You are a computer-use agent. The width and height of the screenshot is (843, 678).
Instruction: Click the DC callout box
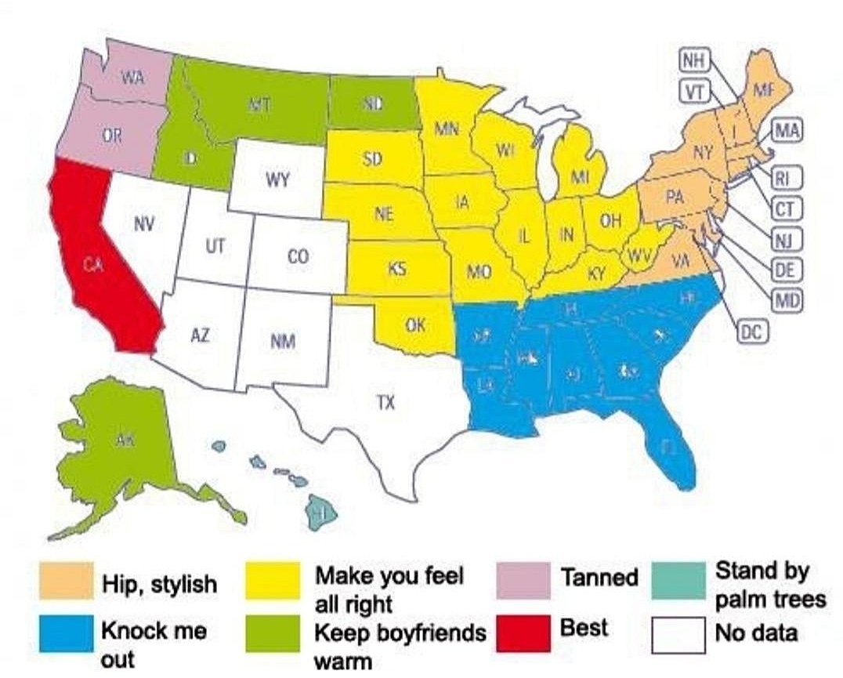coord(751,332)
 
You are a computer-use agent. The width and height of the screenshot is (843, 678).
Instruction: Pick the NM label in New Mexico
coord(282,342)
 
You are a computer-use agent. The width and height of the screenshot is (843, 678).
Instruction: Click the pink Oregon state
coord(112,137)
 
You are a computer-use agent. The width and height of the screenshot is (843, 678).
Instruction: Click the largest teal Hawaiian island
coord(322,511)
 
